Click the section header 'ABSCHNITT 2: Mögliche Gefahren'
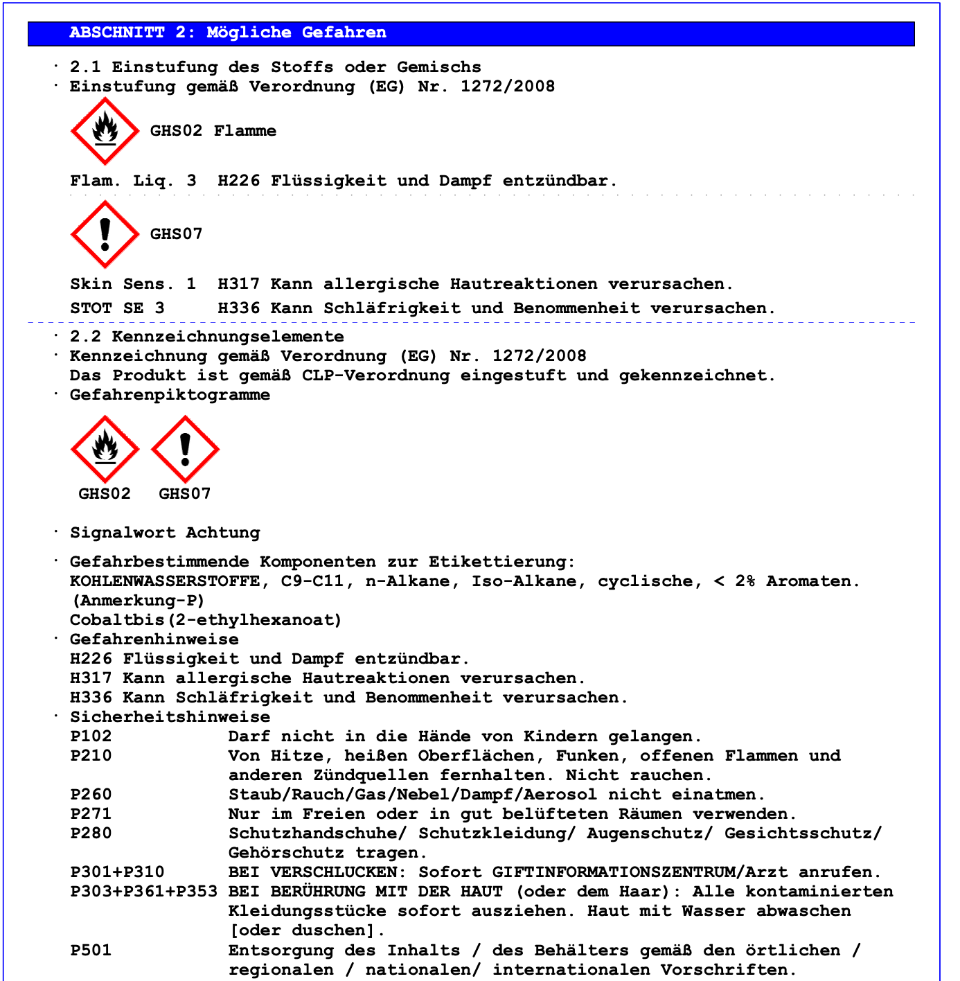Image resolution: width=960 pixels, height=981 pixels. [x=228, y=33]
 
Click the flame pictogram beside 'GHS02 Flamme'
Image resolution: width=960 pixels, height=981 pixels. [x=105, y=131]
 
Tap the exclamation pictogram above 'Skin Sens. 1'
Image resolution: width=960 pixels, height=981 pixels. [x=105, y=234]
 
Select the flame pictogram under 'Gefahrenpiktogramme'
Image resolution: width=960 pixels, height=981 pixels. [x=105, y=449]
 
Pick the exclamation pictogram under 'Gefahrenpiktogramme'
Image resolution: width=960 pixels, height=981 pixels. [x=185, y=449]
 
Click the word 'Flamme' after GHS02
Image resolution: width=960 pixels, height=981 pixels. [x=245, y=131]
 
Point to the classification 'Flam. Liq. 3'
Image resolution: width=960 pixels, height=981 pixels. [x=133, y=181]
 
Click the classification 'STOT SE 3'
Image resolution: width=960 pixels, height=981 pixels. [x=117, y=308]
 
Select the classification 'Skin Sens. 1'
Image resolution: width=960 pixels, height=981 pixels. [x=133, y=284]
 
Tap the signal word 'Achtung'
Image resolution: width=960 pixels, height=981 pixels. [x=222, y=533]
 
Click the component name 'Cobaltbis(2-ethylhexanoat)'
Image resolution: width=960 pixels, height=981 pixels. [x=206, y=620]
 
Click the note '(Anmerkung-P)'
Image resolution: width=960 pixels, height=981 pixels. [x=138, y=601]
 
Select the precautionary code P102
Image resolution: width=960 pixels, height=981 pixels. [x=91, y=736]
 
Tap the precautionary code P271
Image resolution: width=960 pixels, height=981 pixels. [x=91, y=814]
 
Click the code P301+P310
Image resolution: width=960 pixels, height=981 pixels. [x=117, y=872]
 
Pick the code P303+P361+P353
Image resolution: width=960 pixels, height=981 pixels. [x=143, y=892]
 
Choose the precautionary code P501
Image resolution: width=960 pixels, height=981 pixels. [x=91, y=951]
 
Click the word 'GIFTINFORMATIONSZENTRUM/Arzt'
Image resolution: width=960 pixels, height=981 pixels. [x=640, y=872]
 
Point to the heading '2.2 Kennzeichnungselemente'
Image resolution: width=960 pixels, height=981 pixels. [x=206, y=337]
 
